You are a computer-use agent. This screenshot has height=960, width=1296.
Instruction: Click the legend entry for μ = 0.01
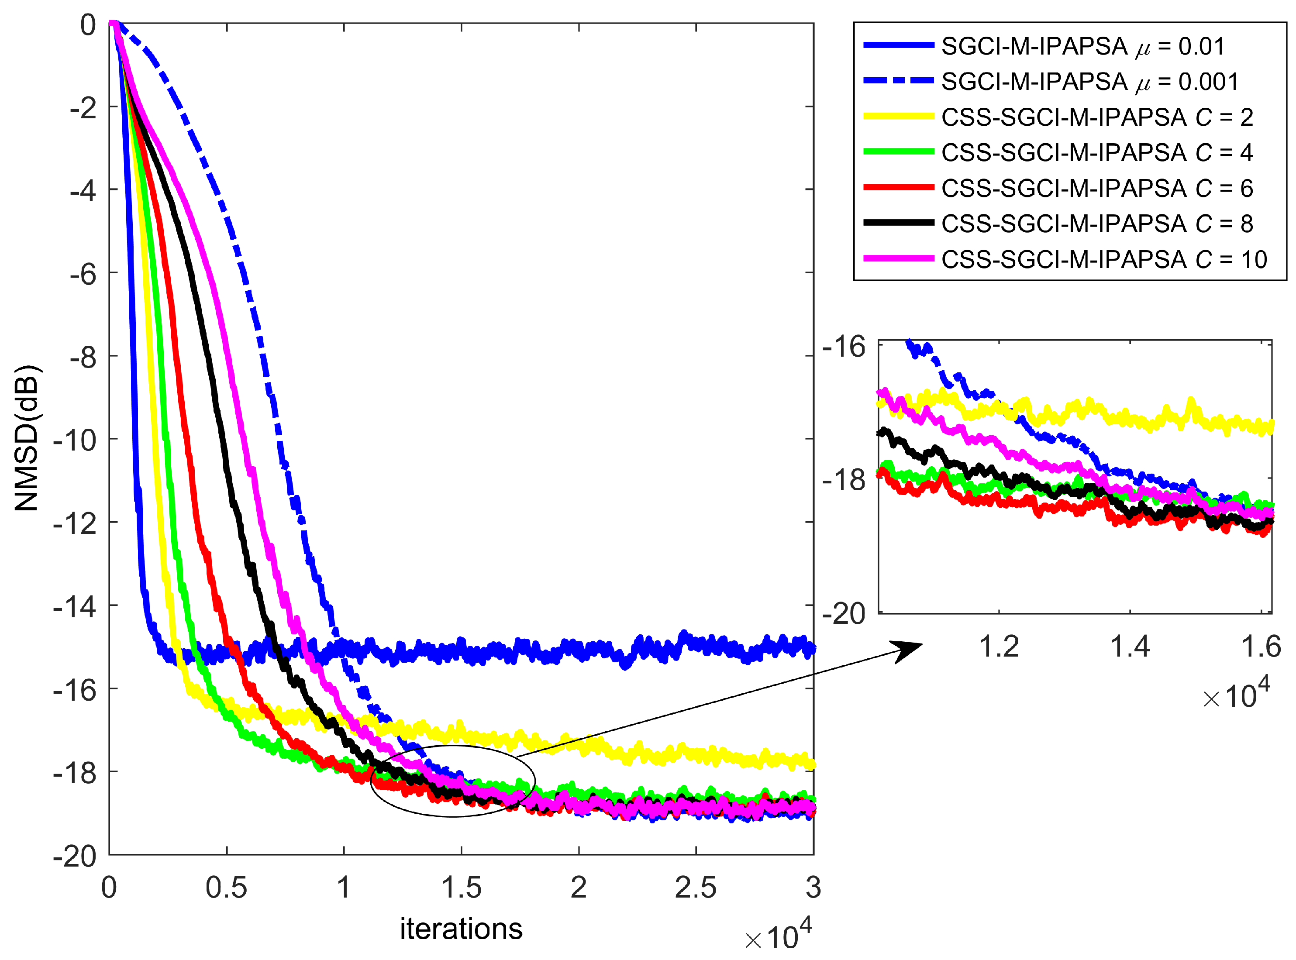[1082, 46]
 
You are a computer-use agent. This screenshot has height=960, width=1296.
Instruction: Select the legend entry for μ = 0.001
[1089, 82]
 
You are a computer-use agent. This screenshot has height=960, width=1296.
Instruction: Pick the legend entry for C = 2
[1096, 117]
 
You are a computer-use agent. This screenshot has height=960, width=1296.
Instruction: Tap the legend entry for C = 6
[1096, 188]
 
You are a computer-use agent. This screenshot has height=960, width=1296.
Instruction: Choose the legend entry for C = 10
[1103, 259]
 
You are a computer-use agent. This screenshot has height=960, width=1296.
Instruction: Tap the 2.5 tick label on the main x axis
[695, 888]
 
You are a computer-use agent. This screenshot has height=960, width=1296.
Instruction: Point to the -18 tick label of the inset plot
[843, 480]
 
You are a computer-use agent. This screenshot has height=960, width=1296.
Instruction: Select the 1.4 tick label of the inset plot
[1129, 647]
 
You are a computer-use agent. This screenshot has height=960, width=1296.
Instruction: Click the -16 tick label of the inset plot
[843, 347]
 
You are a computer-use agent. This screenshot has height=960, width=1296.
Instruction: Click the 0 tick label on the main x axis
[109, 888]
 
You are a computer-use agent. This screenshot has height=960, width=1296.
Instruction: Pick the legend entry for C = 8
[1096, 224]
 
